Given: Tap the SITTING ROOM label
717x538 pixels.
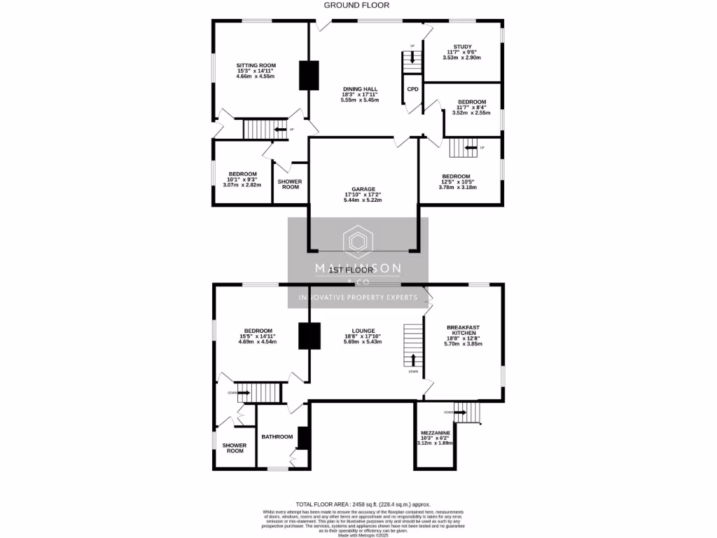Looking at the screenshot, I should (256, 65).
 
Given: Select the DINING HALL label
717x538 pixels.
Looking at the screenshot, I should (360, 88).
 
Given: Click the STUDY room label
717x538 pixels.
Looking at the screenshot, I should (462, 47).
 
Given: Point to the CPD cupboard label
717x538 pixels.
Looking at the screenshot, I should (413, 89).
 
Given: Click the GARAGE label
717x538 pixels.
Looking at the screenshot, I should (364, 188).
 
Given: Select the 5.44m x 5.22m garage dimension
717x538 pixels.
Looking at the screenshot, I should (364, 200).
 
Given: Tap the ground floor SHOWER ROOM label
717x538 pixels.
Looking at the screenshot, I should (289, 184).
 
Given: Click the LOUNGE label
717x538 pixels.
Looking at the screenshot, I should (363, 331).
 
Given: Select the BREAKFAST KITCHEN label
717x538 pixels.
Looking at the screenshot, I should (463, 330).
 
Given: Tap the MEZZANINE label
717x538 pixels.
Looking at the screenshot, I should (436, 433).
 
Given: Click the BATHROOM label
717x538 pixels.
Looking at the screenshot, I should (277, 436).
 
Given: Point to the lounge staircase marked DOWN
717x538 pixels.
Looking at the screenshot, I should (414, 347).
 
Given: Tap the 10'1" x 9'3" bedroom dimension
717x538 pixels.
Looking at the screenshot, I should (242, 179).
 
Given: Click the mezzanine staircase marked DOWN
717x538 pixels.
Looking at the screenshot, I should (468, 413).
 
